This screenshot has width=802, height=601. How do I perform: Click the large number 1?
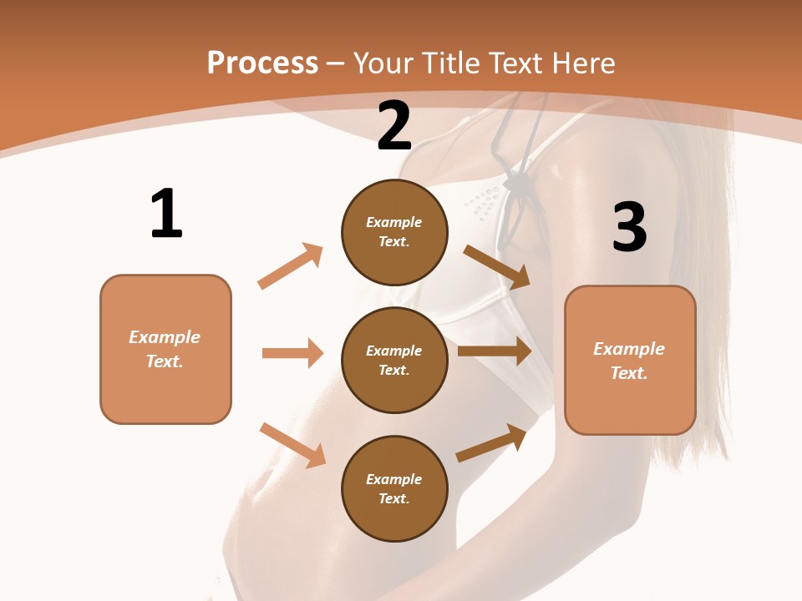point(166,214)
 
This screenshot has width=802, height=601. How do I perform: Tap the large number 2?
point(394,126)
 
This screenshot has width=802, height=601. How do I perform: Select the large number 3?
point(629,228)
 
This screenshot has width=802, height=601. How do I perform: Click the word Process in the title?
point(262,63)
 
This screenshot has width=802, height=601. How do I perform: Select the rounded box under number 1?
point(165,349)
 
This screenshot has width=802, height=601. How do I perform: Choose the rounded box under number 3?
point(630,361)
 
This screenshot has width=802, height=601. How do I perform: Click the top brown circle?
point(394,232)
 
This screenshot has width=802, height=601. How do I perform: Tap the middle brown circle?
point(394,360)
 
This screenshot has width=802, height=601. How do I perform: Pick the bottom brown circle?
point(394,488)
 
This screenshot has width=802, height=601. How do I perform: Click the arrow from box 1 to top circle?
point(291,265)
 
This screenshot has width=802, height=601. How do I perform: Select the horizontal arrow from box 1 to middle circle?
point(292,353)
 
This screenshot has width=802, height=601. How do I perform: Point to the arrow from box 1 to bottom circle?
point(292,445)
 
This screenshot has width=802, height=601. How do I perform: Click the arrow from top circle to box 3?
point(496,266)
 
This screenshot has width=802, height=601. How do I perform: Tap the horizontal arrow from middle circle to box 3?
point(494,351)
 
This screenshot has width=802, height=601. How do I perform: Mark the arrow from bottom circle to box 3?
point(491,442)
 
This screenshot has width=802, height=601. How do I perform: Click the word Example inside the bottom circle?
point(394,479)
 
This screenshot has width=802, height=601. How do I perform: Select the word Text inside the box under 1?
point(164,361)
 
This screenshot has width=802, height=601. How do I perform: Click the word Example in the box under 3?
point(629,349)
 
